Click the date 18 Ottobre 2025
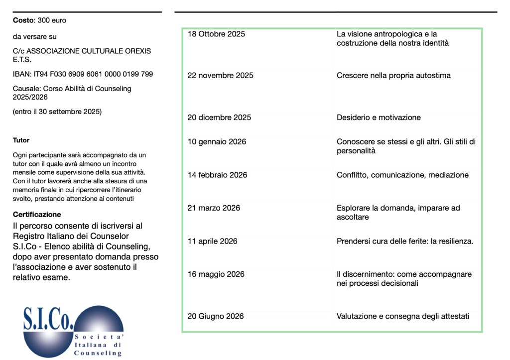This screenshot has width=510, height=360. click(216, 34)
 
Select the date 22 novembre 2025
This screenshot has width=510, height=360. click(220, 76)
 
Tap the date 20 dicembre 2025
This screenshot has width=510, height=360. click(219, 118)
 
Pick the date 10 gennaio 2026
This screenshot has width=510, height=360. click(217, 142)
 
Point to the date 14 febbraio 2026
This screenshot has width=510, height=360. click(217, 175)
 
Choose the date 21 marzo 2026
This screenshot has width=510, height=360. click(214, 208)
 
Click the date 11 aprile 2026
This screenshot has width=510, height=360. click(212, 241)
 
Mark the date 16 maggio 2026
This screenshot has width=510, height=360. click(216, 274)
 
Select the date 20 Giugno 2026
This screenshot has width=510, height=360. click(215, 316)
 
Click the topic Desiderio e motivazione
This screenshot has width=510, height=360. click(379, 118)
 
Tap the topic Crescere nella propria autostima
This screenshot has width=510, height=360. click(393, 76)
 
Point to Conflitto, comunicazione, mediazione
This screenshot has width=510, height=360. click(402, 175)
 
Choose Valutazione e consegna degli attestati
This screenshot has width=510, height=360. click(403, 316)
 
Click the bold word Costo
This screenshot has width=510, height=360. click(23, 20)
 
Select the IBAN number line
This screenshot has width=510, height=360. click(83, 74)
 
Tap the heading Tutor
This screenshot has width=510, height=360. click(21, 140)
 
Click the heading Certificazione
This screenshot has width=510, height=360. click(37, 215)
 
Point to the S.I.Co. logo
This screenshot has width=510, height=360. click(73, 330)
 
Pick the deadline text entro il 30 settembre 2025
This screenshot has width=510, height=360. click(57, 112)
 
